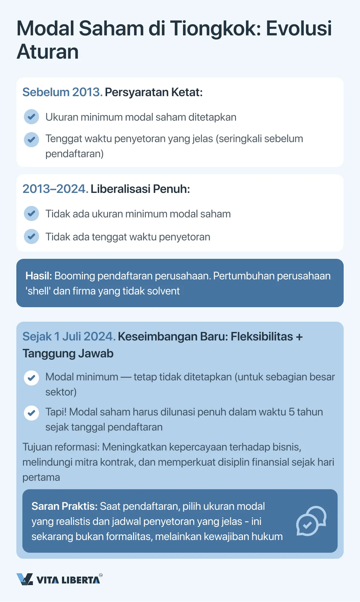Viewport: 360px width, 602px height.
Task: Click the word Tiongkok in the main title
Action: pyautogui.click(x=215, y=29)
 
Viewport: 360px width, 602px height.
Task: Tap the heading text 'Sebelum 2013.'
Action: pyautogui.click(x=62, y=92)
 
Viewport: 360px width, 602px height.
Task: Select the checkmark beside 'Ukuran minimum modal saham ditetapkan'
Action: pyautogui.click(x=31, y=117)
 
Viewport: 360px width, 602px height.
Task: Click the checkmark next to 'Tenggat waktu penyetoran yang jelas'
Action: pyautogui.click(x=31, y=140)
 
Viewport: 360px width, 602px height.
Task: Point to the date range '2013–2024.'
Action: pyautogui.click(x=55, y=189)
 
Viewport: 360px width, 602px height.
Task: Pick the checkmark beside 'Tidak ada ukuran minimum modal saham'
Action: pyautogui.click(x=31, y=213)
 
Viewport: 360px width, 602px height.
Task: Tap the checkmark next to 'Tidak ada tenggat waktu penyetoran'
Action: pyautogui.click(x=31, y=236)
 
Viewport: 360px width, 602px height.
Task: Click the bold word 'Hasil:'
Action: pyautogui.click(x=39, y=276)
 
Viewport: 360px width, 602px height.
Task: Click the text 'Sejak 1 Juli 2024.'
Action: pyautogui.click(x=69, y=337)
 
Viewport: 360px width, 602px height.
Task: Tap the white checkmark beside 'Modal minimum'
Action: pyautogui.click(x=31, y=378)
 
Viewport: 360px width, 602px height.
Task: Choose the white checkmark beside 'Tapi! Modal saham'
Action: pyautogui.click(x=31, y=413)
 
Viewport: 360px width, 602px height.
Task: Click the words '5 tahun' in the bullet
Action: pyautogui.click(x=306, y=412)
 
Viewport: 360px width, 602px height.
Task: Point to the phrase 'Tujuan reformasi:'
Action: pyautogui.click(x=61, y=447)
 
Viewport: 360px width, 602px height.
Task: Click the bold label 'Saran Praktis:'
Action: pyautogui.click(x=64, y=506)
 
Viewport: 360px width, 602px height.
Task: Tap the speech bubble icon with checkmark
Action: pyautogui.click(x=311, y=521)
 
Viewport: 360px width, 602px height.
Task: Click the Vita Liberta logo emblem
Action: pyautogui.click(x=25, y=579)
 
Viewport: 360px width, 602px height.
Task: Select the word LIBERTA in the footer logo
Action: pyautogui.click(x=81, y=580)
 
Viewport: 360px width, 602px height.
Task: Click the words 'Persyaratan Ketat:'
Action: pyautogui.click(x=154, y=92)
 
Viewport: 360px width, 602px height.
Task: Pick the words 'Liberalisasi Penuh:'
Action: pyautogui.click(x=140, y=189)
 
